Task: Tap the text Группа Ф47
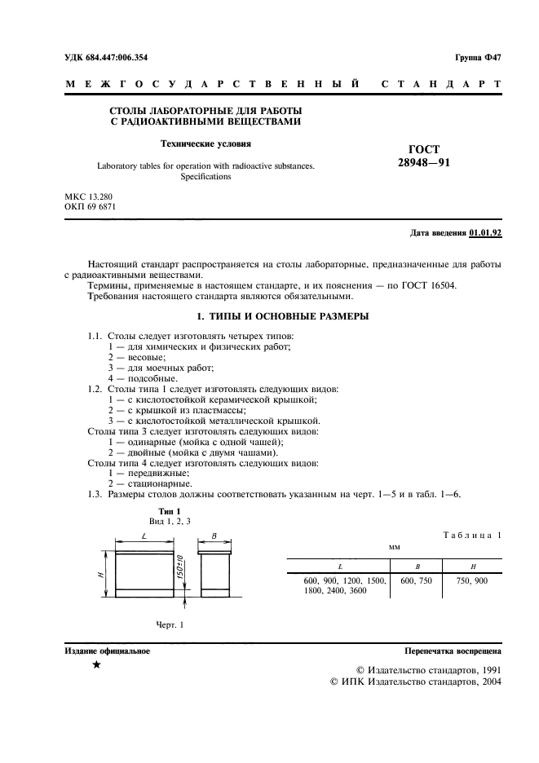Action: click(477, 57)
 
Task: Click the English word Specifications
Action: click(205, 176)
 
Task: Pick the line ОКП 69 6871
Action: click(91, 208)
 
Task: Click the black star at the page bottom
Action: click(96, 666)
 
